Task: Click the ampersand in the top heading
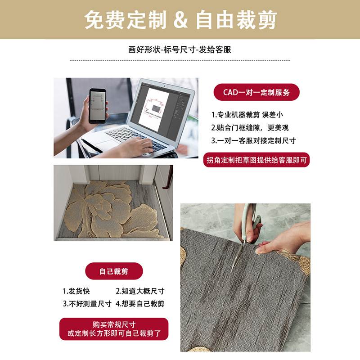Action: click(x=180, y=20)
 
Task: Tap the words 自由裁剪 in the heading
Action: click(x=236, y=20)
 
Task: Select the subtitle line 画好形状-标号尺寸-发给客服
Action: click(x=180, y=50)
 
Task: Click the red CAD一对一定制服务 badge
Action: click(x=256, y=93)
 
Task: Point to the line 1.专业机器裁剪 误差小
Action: click(x=247, y=115)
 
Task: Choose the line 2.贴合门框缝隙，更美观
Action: click(x=250, y=127)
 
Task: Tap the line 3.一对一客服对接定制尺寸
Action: click(x=253, y=140)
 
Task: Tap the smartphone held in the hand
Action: click(x=97, y=106)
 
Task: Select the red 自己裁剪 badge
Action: click(x=114, y=271)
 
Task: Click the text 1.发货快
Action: click(x=76, y=291)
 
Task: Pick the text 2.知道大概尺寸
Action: click(x=140, y=291)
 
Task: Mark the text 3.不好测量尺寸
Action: click(x=87, y=304)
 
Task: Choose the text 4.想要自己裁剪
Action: click(x=140, y=304)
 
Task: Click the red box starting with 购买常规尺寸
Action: click(x=114, y=329)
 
